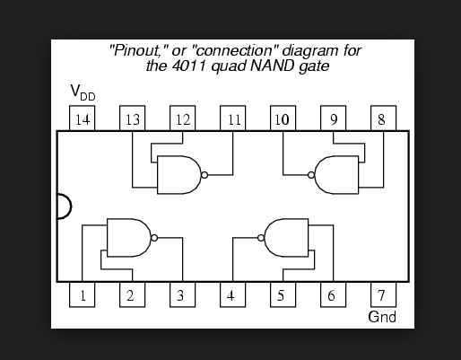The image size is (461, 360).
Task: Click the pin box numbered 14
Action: (83, 119)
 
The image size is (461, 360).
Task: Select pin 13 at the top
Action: (133, 119)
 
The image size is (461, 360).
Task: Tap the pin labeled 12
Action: (183, 119)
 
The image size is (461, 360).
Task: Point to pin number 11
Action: (233, 119)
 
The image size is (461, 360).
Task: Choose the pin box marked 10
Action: (283, 119)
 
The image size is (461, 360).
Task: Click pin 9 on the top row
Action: (334, 119)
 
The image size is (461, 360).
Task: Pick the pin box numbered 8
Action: (384, 119)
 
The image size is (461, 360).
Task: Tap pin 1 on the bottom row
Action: (83, 294)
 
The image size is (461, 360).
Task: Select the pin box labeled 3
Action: (183, 294)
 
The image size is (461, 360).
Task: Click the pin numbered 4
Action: (233, 294)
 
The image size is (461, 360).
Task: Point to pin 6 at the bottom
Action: (334, 294)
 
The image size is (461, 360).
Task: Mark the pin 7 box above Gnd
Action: (384, 294)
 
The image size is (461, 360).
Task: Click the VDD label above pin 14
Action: (83, 92)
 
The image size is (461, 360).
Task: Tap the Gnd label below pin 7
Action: (382, 317)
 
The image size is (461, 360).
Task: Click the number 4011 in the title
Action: (189, 66)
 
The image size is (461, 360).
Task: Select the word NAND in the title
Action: (272, 66)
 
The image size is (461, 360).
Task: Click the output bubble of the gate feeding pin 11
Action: (204, 175)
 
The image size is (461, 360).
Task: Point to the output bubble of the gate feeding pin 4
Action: (261, 238)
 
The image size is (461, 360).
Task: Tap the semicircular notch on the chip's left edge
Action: (71, 206)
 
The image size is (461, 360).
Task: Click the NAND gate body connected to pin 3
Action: (129, 238)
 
